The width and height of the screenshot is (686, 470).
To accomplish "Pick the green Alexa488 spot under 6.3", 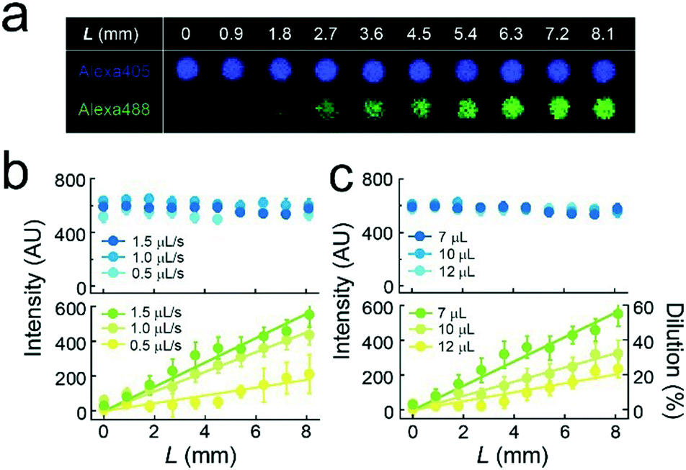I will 511,109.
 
